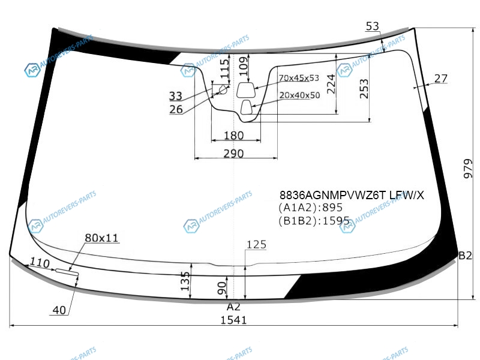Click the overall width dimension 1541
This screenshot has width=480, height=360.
(x=233, y=320)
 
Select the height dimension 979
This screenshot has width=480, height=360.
(x=468, y=169)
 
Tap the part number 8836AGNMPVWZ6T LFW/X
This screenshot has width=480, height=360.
(x=352, y=195)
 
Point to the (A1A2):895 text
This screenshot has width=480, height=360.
(x=310, y=208)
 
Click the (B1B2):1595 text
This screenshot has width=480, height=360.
(x=314, y=220)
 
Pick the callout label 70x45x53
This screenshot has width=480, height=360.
(x=299, y=78)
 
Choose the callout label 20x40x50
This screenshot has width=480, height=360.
(x=299, y=95)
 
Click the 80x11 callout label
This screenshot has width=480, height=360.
(x=101, y=238)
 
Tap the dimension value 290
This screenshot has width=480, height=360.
(x=233, y=154)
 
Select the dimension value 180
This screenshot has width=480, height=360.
(x=233, y=136)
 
